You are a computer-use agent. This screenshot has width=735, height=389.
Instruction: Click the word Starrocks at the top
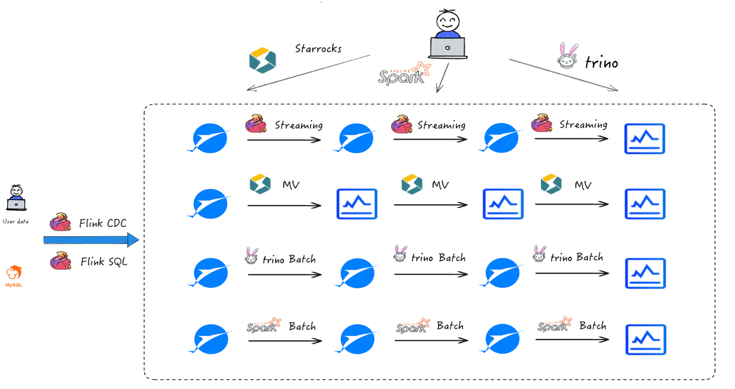tap(318, 49)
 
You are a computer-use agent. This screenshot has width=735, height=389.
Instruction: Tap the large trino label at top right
tap(601, 63)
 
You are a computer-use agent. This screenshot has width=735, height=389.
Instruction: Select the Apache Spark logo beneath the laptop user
tap(404, 74)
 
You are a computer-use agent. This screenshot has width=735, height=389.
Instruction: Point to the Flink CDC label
tap(102, 224)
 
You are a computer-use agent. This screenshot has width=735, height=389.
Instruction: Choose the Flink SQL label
tap(103, 262)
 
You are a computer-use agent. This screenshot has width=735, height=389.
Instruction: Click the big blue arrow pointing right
tap(91, 240)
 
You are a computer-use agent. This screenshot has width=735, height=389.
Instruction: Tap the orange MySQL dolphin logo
tap(14, 273)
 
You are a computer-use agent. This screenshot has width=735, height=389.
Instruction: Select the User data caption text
tap(16, 222)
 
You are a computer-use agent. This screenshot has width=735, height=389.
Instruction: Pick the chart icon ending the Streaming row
tap(645, 138)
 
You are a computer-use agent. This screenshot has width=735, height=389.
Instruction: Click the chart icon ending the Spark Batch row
tap(645, 339)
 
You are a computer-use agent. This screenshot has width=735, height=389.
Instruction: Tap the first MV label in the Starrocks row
tap(291, 185)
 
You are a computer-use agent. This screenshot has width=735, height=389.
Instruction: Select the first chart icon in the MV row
tap(357, 204)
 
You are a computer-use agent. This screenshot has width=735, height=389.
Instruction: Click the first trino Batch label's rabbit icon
tap(252, 256)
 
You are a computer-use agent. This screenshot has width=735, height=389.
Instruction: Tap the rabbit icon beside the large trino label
tap(567, 56)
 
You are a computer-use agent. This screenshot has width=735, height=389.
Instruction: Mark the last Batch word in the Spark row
tap(593, 326)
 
